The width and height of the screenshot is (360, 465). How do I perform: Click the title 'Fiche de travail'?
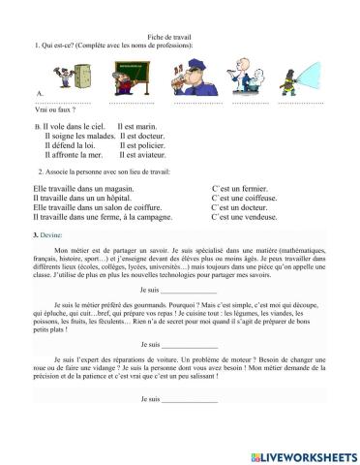coord(179,35)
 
